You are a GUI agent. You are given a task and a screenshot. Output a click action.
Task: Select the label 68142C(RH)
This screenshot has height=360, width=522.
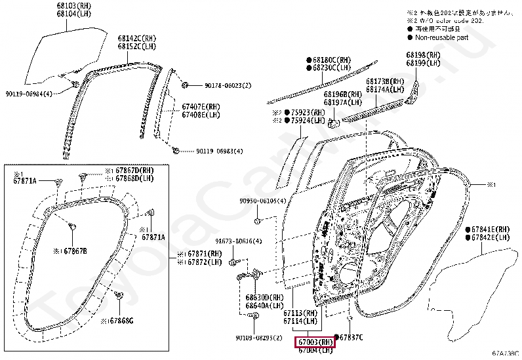pyautogui.click(x=138, y=39)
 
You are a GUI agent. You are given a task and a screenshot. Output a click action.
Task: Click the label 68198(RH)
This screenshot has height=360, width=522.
pyautogui.click(x=424, y=54)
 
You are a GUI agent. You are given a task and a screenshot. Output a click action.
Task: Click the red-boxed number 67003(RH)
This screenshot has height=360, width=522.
pyautogui.click(x=315, y=342)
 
